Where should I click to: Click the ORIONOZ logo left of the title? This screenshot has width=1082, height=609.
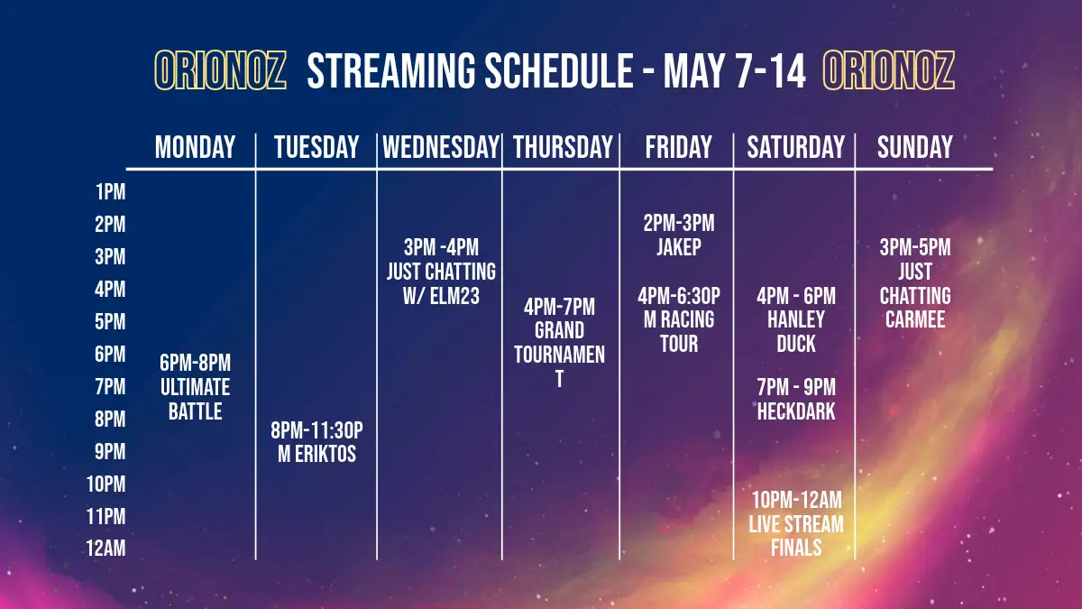220,70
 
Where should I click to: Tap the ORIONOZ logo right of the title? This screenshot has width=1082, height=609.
889,70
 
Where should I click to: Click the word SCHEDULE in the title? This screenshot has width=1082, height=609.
559,71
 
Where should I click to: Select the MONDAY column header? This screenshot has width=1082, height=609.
195,147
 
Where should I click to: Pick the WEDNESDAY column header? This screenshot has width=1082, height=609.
441,147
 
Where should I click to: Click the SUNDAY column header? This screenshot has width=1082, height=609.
915,147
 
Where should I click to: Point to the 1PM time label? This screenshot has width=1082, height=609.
111,192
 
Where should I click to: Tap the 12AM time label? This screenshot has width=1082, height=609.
105,549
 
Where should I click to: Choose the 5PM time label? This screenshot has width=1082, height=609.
110,322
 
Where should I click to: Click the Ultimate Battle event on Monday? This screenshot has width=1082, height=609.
195,387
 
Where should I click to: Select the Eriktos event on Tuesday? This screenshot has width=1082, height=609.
316,442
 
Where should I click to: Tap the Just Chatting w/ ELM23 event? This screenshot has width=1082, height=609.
441,272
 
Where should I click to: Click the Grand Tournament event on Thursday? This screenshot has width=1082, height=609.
559,343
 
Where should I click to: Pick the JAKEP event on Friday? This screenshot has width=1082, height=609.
679,235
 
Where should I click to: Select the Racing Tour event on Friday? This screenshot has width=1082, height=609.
679,319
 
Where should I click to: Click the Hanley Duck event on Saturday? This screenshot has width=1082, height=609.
796,319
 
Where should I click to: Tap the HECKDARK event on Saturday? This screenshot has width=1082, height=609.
796,399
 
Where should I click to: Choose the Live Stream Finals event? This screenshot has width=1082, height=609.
796,524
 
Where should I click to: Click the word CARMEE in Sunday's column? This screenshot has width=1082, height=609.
915,319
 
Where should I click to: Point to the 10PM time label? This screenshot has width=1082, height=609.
105,484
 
